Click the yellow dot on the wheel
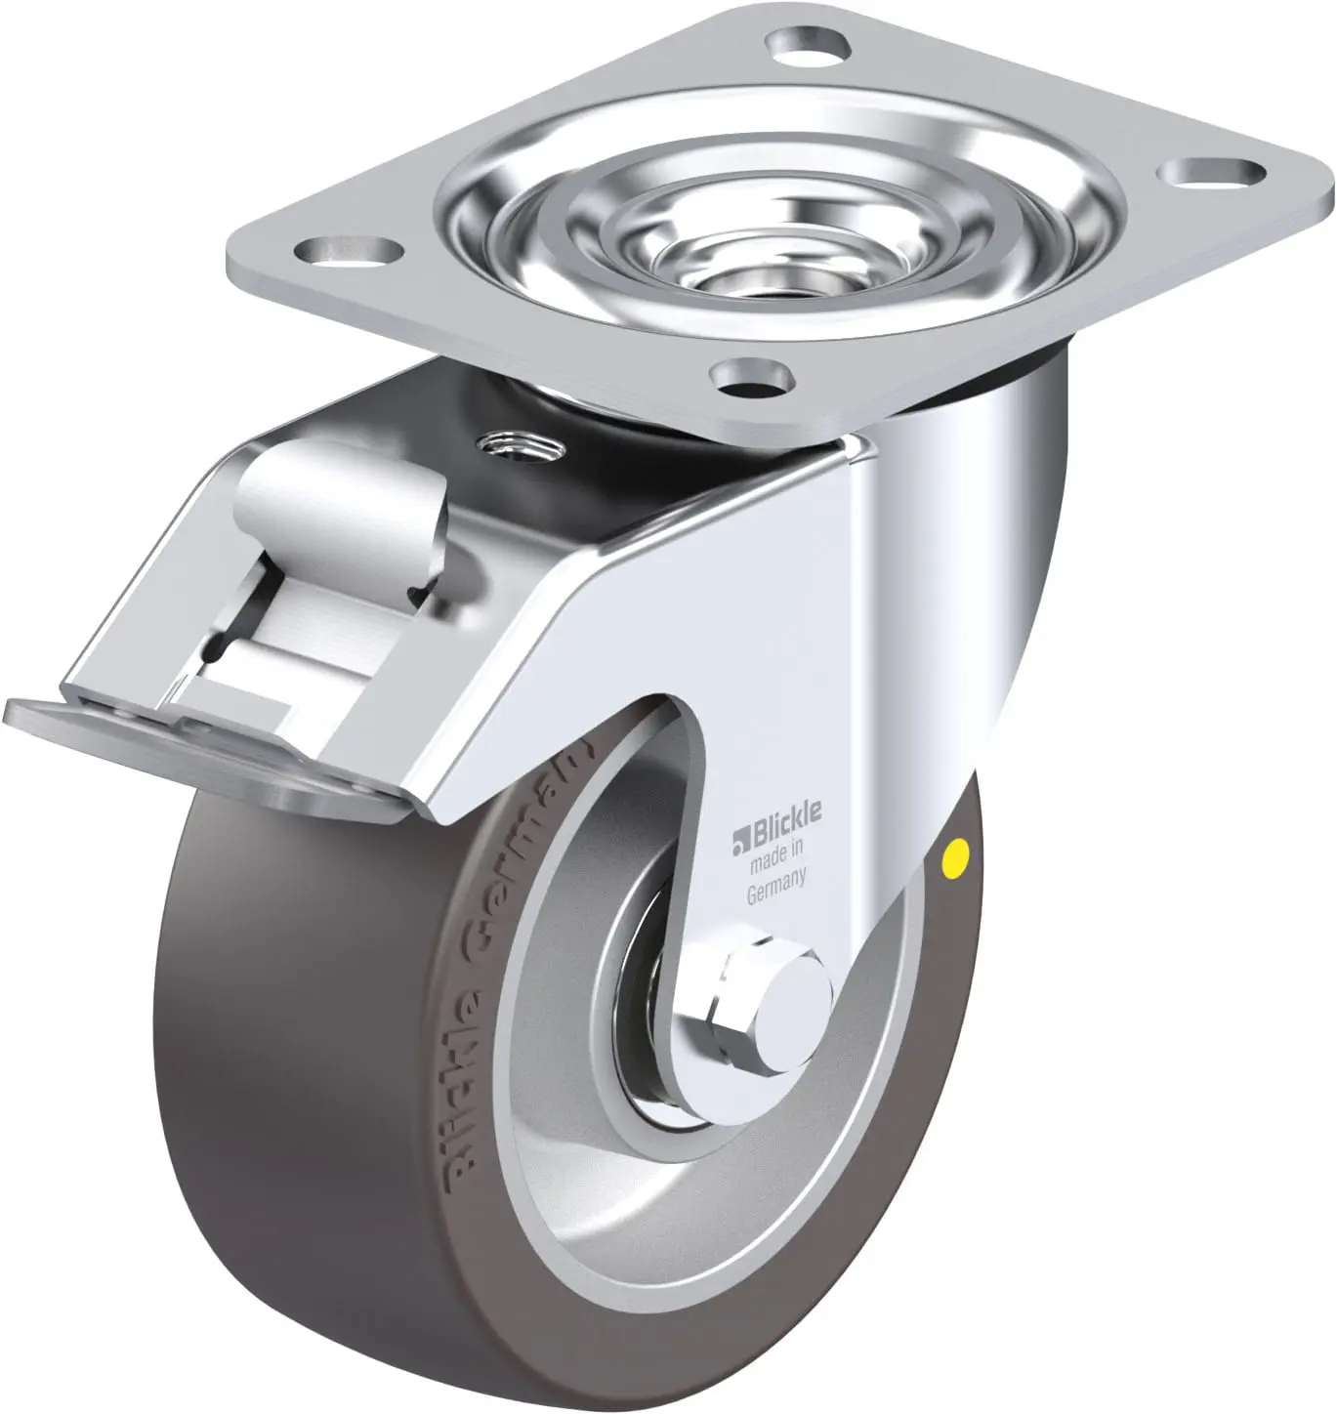coord(954,855)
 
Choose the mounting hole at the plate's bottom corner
coord(751,377)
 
